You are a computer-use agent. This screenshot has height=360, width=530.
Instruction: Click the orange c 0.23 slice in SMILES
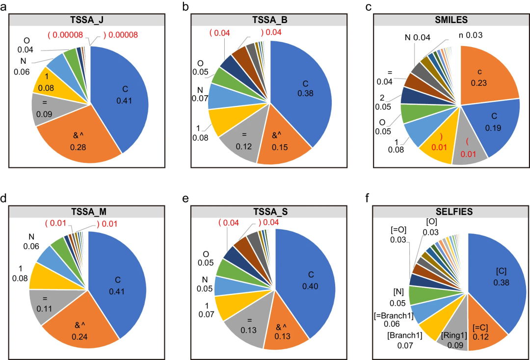tap(486, 76)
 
